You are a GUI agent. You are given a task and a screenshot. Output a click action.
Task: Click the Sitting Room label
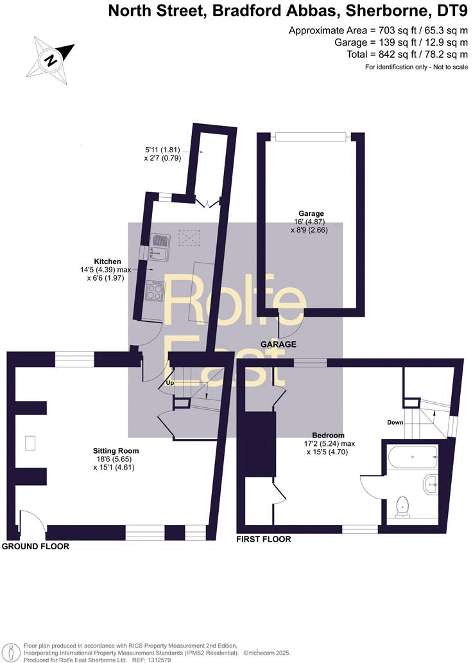(x=116, y=451)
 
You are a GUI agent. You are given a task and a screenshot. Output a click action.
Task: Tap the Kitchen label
(x=108, y=261)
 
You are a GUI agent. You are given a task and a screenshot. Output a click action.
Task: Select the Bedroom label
(x=330, y=435)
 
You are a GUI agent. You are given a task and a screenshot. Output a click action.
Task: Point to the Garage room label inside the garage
(x=311, y=213)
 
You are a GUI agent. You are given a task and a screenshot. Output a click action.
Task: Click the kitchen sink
(x=159, y=247)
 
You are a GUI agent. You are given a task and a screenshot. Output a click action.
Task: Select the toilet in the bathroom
(x=404, y=506)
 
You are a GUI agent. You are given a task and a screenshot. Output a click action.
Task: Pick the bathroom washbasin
(x=431, y=481)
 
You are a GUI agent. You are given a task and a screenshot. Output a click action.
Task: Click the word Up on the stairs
(x=170, y=383)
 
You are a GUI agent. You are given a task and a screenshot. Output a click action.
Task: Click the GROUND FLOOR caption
(x=35, y=546)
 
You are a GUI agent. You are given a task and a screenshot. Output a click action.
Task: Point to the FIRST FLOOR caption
(x=263, y=539)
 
